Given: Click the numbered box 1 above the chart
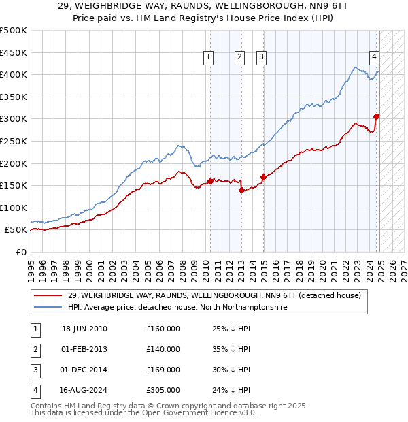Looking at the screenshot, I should pos(207,58).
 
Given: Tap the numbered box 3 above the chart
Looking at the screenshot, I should pos(261,58).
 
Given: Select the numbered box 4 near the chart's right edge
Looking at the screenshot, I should pos(374,58).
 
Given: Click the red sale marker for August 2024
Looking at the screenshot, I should pos(377,116).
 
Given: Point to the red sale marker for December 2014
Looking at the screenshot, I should pos(263,177).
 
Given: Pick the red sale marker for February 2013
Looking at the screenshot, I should pos(241,190).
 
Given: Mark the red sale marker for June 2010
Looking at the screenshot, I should pos(211,181).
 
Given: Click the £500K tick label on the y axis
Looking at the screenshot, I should pos(14,31).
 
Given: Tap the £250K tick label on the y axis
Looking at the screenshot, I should pos(14,141).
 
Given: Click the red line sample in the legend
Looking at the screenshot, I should pos(48,296).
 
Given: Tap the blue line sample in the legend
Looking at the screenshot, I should pos(48,308).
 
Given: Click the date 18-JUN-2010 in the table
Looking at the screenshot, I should pos(84,329).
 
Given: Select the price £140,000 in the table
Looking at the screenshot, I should pos(163,349).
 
